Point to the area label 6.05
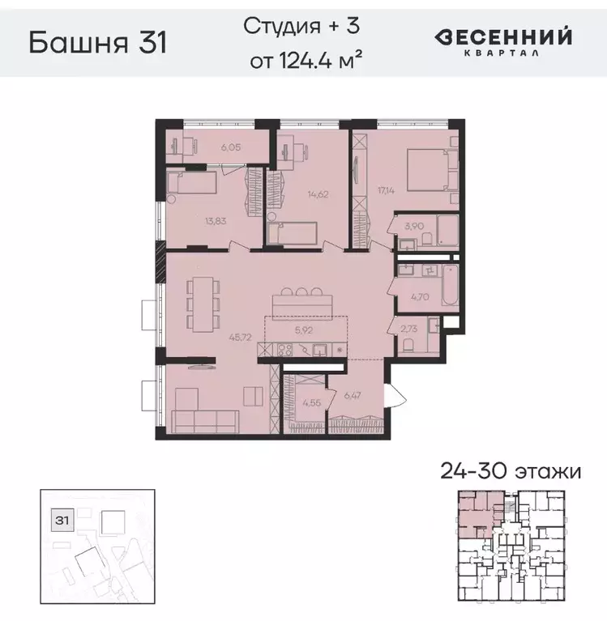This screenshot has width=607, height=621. [x=211, y=148]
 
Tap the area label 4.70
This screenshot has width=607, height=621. [x=419, y=297]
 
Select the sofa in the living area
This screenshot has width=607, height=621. [x=205, y=419]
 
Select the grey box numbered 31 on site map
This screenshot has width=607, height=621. [x=60, y=518]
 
